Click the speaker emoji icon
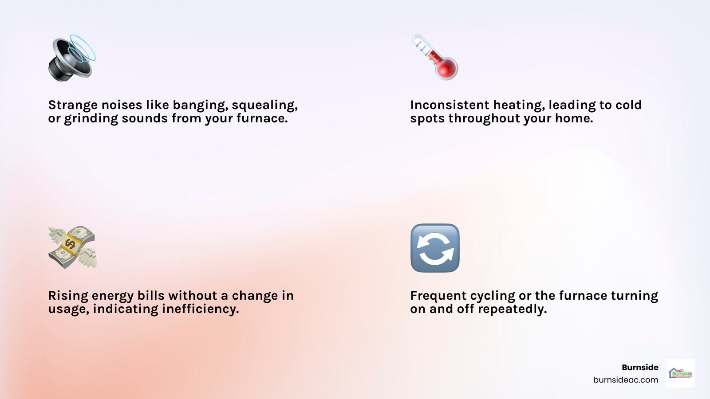point(71,58)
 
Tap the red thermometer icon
point(435,58)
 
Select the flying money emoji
point(72,247)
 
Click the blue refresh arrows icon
point(435,248)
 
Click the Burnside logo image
point(680,373)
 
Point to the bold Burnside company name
point(640,367)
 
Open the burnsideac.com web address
point(626,380)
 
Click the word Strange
point(73,105)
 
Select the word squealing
point(264,106)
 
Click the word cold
point(628,105)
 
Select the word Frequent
point(438,296)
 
